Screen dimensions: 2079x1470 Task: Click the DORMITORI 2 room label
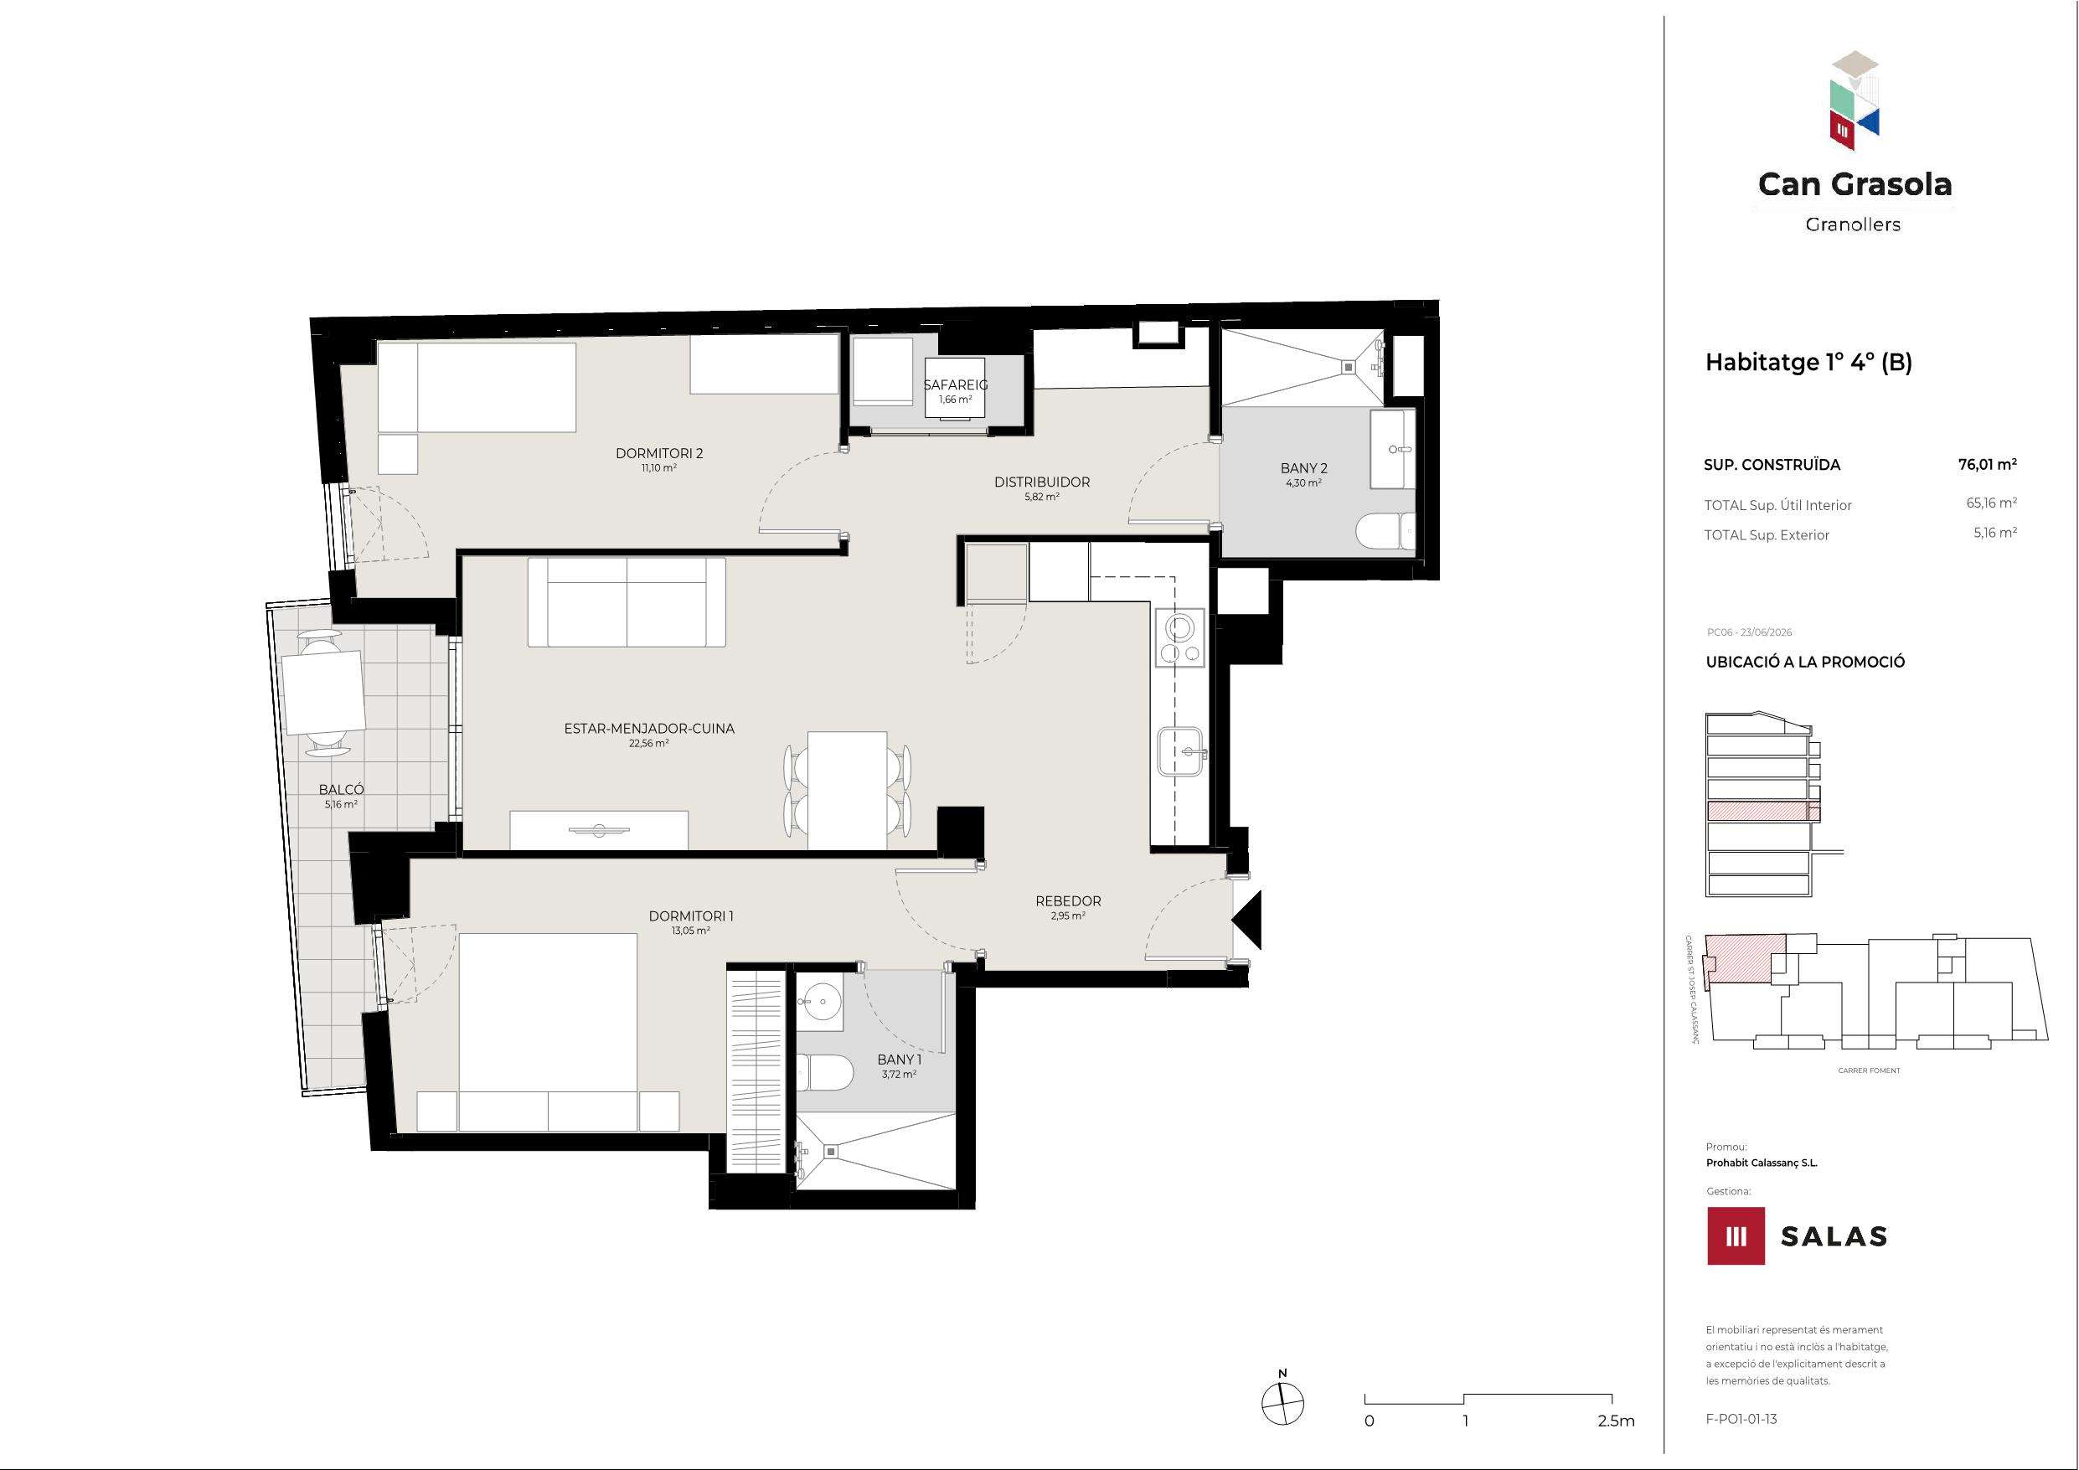click(x=659, y=454)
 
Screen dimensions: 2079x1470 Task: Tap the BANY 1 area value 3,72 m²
click(x=899, y=1074)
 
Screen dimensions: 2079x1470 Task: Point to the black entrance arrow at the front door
click(x=1247, y=920)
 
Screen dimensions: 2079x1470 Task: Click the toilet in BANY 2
click(x=1385, y=531)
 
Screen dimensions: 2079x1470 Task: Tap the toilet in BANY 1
click(x=825, y=1072)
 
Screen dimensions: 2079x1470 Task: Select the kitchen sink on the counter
click(x=1181, y=752)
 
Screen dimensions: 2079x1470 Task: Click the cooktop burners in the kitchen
click(x=1181, y=638)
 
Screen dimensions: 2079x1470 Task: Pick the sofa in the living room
click(x=627, y=601)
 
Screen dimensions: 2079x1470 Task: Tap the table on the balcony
click(x=323, y=693)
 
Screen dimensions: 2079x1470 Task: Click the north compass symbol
click(x=1282, y=1404)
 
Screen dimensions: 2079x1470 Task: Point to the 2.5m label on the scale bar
click(x=1617, y=1421)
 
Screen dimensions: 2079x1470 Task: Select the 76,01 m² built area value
click(x=1988, y=466)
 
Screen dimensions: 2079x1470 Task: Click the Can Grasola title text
click(x=1855, y=185)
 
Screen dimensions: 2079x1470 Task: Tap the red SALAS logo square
click(x=1736, y=1235)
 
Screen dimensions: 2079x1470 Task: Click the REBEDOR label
click(x=1069, y=901)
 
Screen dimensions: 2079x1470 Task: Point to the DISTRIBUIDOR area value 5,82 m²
click(x=1042, y=497)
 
